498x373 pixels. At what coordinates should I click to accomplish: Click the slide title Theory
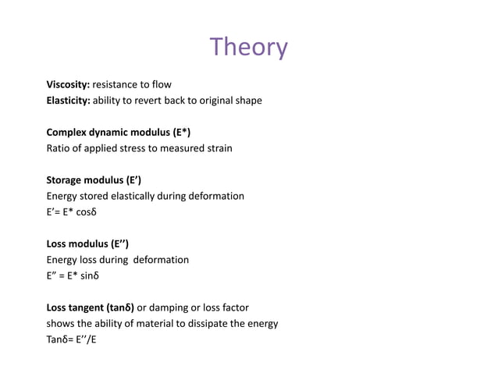tap(249, 48)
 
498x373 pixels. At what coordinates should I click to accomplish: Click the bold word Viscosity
tap(69, 84)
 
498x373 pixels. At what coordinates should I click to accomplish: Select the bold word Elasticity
tap(69, 101)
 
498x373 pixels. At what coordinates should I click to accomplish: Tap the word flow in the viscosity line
tap(160, 84)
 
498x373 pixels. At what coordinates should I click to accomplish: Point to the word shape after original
tap(247, 101)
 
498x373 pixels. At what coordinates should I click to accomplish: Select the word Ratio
tap(59, 148)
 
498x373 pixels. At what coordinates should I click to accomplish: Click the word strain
tap(217, 148)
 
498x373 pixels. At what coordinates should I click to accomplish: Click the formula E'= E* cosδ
tap(73, 212)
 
